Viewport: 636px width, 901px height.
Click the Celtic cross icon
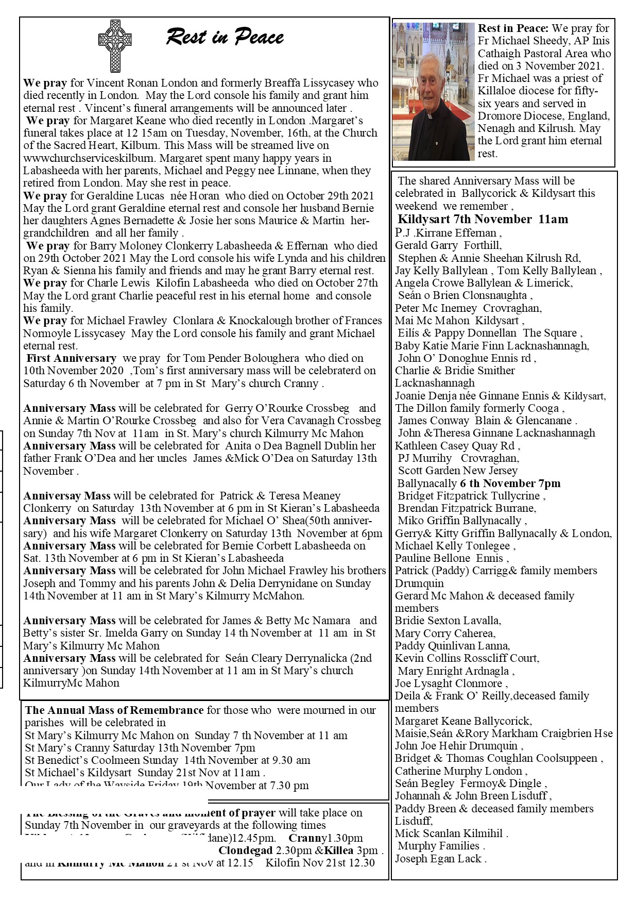point(115,45)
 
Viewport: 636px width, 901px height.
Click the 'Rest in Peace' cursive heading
point(225,38)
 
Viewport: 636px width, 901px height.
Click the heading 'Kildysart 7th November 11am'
point(483,219)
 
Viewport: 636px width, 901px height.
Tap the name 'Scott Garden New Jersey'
point(457,471)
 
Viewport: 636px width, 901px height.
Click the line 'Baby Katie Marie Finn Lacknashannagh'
point(492,345)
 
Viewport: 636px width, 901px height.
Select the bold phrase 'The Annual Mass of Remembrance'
point(114,710)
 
